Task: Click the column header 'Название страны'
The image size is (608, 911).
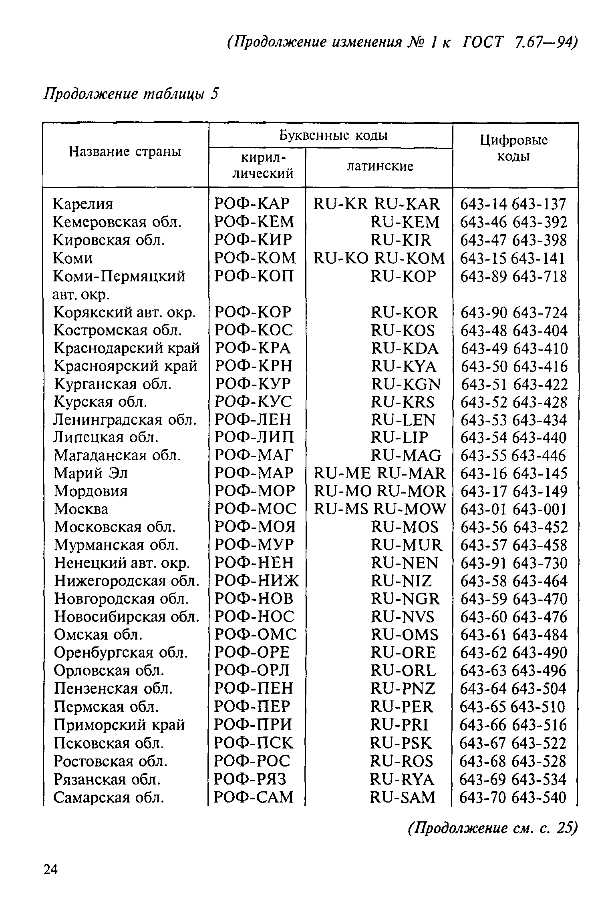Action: coord(125,152)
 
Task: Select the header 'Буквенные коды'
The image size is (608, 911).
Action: coord(333,136)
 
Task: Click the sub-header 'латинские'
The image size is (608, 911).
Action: coord(380,167)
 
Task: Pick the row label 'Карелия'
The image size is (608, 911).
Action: coord(83,204)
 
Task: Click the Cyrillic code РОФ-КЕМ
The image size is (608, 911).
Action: coord(254,222)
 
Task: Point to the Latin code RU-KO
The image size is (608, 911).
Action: coord(340,258)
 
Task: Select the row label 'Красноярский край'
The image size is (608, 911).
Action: coord(126,366)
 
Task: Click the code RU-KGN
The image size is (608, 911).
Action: coord(406,384)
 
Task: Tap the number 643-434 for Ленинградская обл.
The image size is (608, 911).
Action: coord(540,420)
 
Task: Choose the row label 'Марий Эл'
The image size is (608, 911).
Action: coord(91,474)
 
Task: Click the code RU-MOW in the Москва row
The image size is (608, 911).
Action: coord(409,509)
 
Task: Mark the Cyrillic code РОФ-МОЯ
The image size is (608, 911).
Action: coord(255,527)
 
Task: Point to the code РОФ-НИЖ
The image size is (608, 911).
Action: coord(257,580)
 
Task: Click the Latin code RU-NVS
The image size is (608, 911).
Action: coord(403,617)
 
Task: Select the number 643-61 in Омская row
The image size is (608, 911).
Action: coord(483,635)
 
